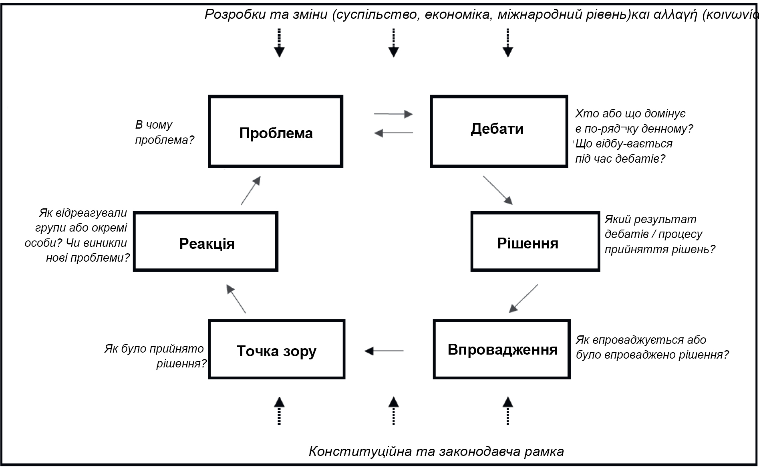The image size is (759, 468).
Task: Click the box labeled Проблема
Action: (276, 131)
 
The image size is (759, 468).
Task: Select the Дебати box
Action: (499, 131)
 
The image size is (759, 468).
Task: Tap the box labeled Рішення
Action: (535, 242)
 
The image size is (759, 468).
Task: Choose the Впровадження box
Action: (501, 349)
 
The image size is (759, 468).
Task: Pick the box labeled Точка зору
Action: (276, 349)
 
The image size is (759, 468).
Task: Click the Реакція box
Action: (205, 242)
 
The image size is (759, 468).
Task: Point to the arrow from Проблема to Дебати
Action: (393, 114)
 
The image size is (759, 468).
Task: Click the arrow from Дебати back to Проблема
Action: (394, 133)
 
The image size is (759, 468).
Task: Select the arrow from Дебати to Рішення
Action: (498, 190)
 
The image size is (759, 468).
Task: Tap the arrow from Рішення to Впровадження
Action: (523, 299)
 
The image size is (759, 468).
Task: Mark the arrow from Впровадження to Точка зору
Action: (384, 351)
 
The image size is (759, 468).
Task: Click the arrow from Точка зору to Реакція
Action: (236, 299)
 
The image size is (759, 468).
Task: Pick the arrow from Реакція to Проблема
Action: (251, 191)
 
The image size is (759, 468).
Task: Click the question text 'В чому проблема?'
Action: (164, 132)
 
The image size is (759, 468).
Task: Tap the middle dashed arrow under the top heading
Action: (394, 42)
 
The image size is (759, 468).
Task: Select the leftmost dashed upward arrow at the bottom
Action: (279, 411)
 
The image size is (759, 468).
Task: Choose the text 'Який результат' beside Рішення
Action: (650, 220)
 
